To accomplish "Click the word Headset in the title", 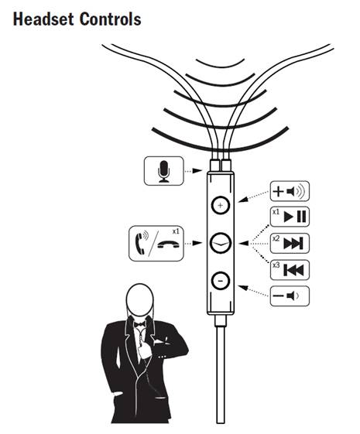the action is tap(43, 19).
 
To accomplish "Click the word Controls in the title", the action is tap(111, 19).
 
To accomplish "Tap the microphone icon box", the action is tap(163, 171).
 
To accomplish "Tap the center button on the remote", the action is tap(221, 243).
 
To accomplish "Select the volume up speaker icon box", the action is tap(290, 191).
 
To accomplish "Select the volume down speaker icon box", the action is tap(290, 296).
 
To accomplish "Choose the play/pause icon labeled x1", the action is tap(290, 217).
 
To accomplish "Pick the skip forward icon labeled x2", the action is tap(290, 243).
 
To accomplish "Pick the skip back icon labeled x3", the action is tap(290, 270).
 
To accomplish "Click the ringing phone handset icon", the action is tap(141, 243).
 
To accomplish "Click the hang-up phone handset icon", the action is tap(168, 244).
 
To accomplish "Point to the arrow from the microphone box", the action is tap(194, 171).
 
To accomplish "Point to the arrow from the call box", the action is tap(194, 243).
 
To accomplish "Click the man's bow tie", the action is tap(139, 324).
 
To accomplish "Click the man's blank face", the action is tap(140, 299).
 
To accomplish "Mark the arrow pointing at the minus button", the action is tap(253, 291).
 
